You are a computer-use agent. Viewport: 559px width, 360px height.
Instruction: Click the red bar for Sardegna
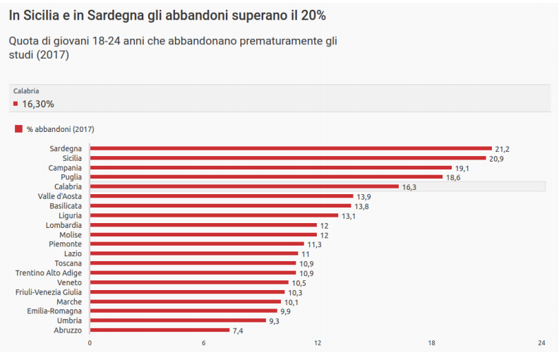pos(290,148)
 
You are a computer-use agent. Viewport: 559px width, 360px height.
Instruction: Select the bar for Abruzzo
pos(160,330)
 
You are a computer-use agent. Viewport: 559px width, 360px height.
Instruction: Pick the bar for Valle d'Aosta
pos(221,196)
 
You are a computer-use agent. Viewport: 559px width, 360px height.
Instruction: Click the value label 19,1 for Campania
pos(462,168)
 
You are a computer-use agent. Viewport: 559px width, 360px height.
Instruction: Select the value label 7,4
pos(238,330)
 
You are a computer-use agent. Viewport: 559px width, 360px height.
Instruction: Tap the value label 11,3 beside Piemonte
pos(314,244)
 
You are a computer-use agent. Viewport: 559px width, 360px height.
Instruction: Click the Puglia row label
pos(71,177)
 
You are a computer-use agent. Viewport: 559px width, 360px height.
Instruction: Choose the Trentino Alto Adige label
pos(49,272)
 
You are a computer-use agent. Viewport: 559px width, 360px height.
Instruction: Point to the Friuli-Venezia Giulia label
pos(49,292)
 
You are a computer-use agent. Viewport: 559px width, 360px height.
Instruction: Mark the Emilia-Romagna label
pos(54,311)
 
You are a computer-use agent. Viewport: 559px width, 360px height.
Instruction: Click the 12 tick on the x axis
pos(318,343)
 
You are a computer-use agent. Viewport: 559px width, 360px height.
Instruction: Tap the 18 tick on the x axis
pos(431,343)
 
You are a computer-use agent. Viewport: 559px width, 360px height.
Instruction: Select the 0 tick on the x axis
pos(90,343)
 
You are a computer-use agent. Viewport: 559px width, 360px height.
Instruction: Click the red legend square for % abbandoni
pos(18,128)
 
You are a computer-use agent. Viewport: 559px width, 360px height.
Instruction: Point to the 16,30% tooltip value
pos(38,104)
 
